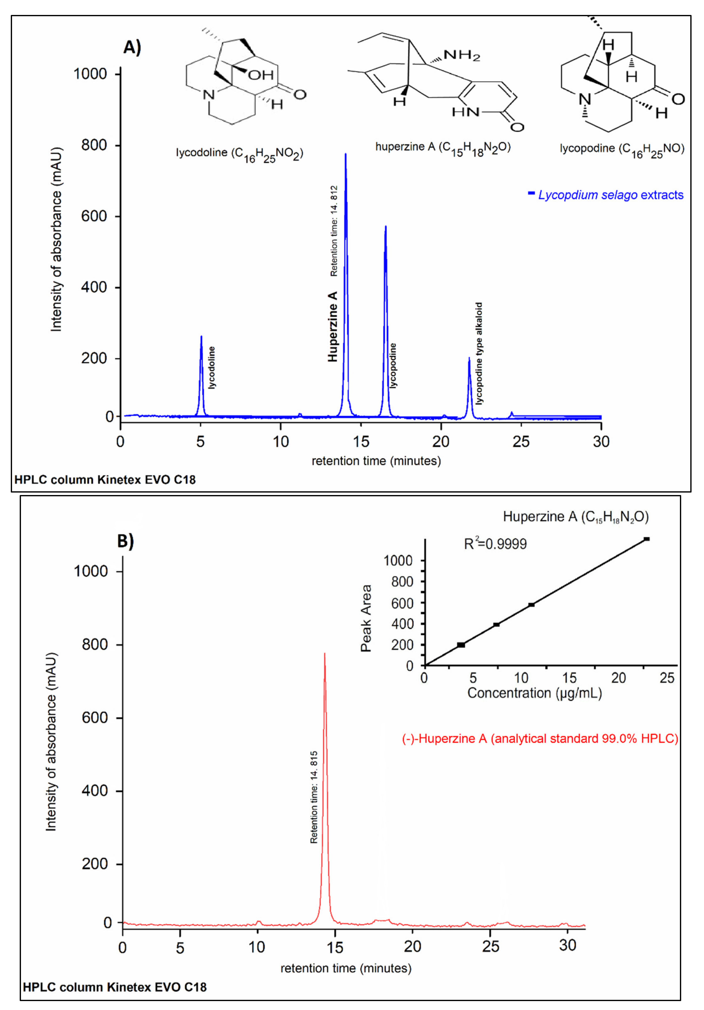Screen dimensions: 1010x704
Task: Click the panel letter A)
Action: pyautogui.click(x=132, y=47)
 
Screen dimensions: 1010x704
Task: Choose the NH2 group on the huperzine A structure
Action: pyautogui.click(x=462, y=55)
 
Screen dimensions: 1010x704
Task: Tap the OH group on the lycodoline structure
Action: pyautogui.click(x=260, y=75)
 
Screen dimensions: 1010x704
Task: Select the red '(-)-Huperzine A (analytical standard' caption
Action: pyautogui.click(x=540, y=739)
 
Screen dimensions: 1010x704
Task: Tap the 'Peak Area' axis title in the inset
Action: pyautogui.click(x=366, y=618)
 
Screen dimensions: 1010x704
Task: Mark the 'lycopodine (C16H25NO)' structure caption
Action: pyautogui.click(x=622, y=149)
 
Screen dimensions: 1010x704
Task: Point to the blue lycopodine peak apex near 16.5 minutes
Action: pyautogui.click(x=386, y=227)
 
